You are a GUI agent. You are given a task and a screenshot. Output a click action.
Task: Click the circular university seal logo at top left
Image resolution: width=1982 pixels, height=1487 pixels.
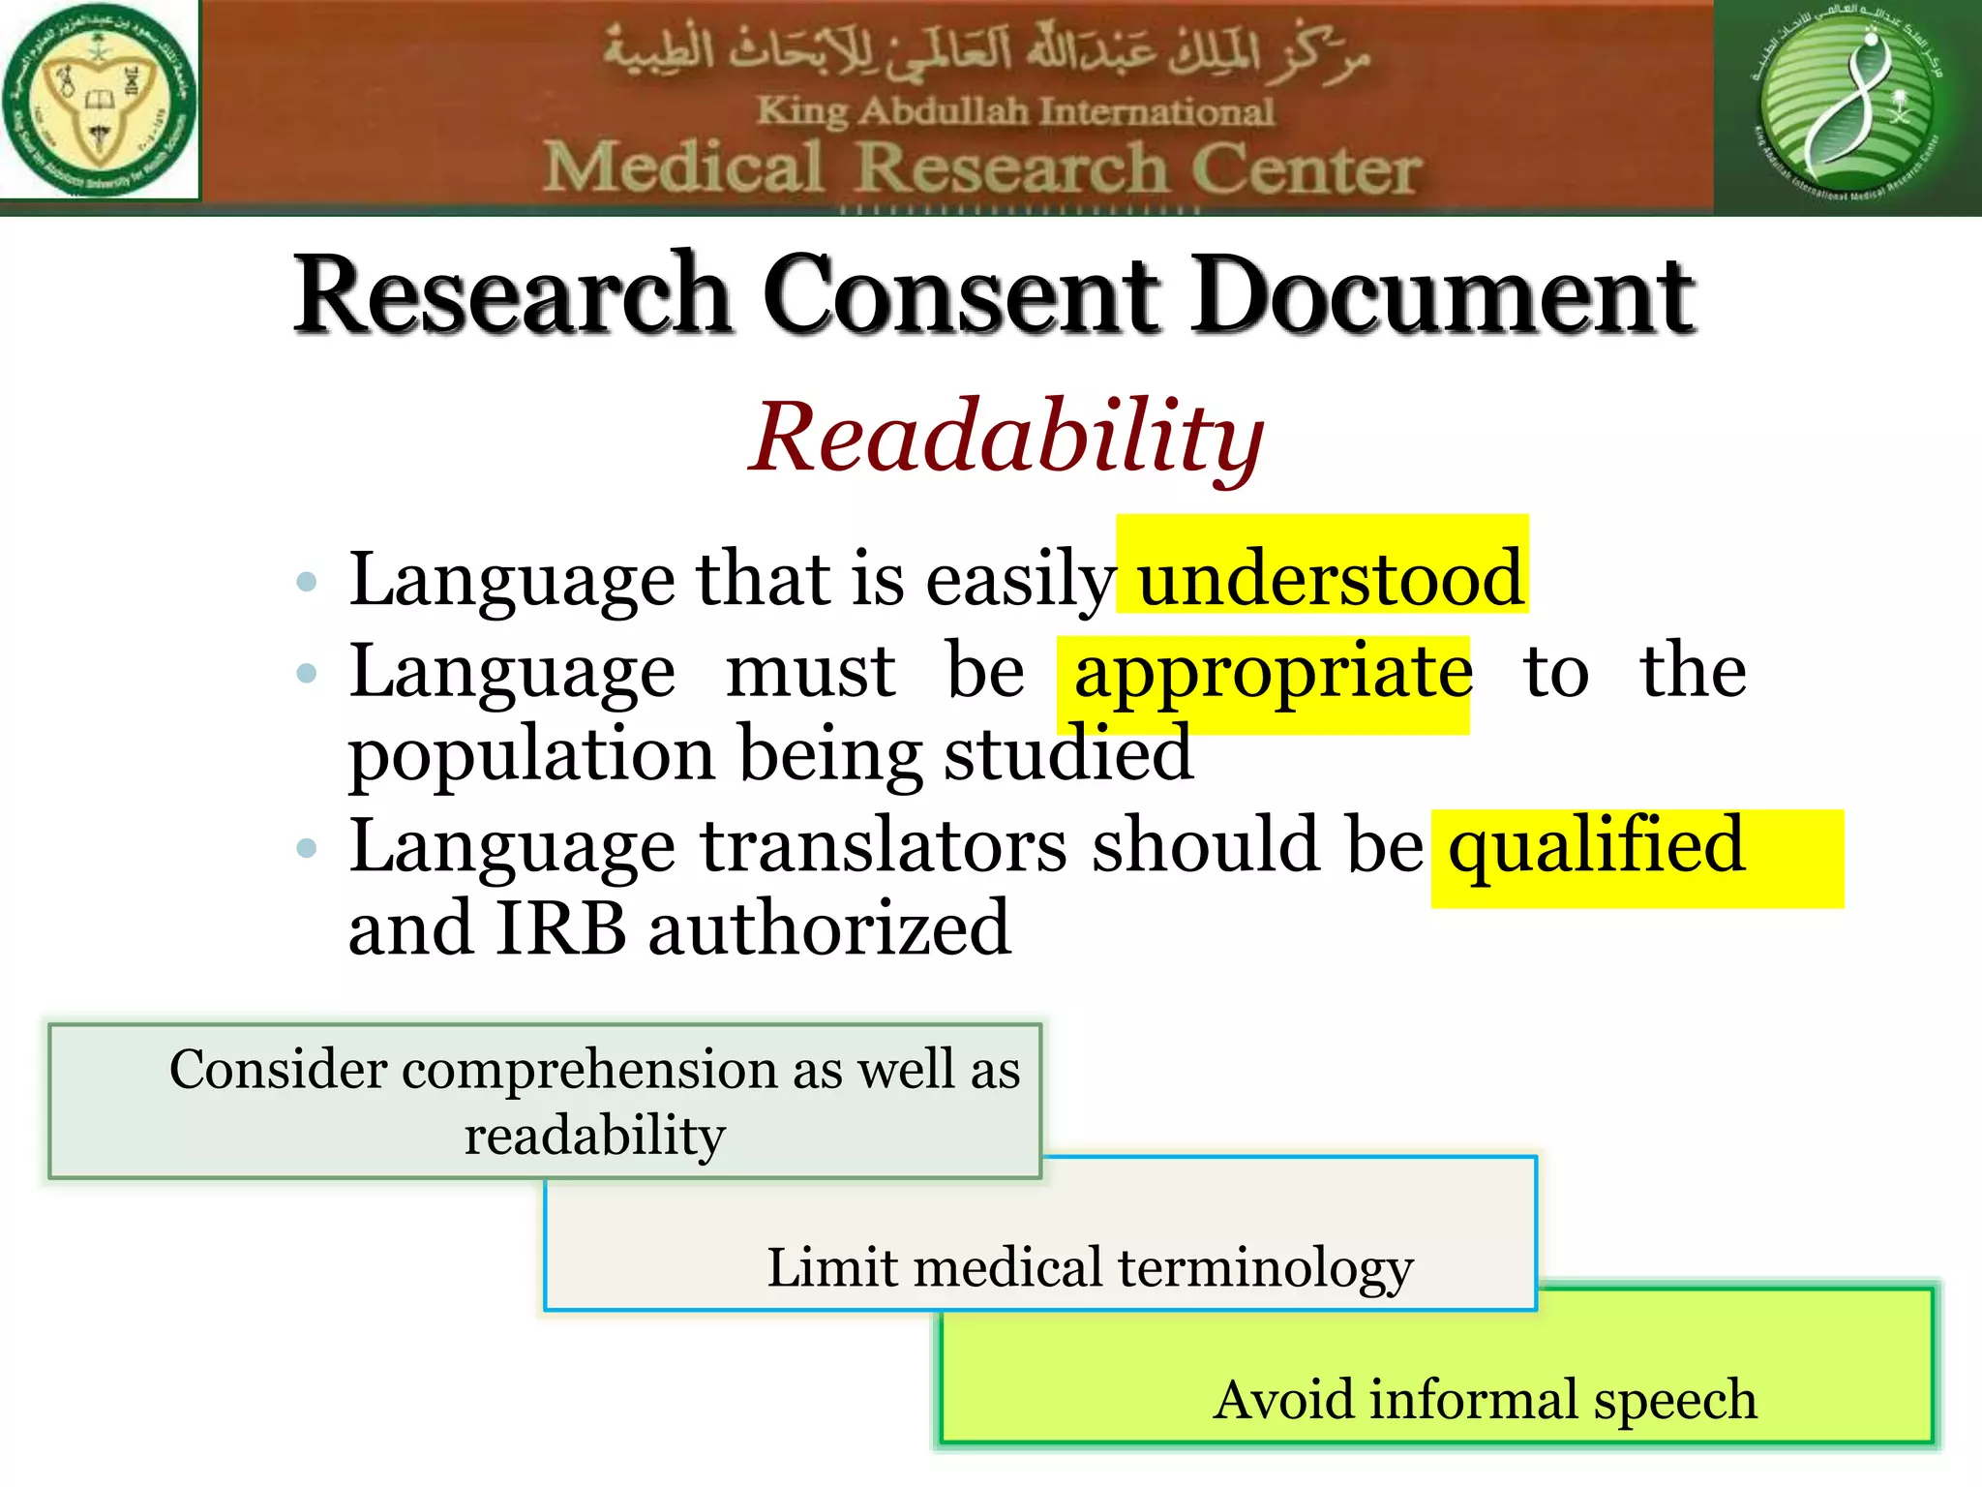pos(99,101)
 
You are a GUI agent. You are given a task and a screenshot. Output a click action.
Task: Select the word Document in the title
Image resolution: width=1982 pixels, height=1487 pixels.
pos(1442,294)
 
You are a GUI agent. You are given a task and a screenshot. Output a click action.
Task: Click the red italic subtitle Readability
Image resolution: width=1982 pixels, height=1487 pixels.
pos(1006,438)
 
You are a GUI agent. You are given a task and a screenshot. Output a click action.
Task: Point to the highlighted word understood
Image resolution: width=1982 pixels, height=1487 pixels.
pos(1330,579)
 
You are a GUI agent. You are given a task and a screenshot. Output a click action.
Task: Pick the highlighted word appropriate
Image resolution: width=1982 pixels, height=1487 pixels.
pos(1272,672)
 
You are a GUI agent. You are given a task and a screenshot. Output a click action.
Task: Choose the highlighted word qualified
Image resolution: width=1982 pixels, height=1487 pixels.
pos(1596,846)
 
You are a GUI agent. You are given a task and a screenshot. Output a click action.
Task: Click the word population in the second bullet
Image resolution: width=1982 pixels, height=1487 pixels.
pos(531,755)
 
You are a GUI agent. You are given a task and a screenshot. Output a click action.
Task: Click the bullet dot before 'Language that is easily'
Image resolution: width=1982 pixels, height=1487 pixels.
pos(307,582)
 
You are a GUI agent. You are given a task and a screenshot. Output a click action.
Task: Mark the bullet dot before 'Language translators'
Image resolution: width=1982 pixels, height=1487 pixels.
pos(307,849)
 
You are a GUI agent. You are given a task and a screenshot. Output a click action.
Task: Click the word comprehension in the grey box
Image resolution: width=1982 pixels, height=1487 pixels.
pos(589,1071)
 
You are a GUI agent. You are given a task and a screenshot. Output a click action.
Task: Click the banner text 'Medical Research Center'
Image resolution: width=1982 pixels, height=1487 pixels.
pos(981,168)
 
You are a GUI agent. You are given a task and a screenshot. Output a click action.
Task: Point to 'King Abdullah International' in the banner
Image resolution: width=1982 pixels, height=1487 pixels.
pos(1014,111)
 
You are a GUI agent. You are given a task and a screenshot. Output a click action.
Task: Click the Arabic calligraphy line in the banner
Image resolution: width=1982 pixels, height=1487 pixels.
pos(987,53)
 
